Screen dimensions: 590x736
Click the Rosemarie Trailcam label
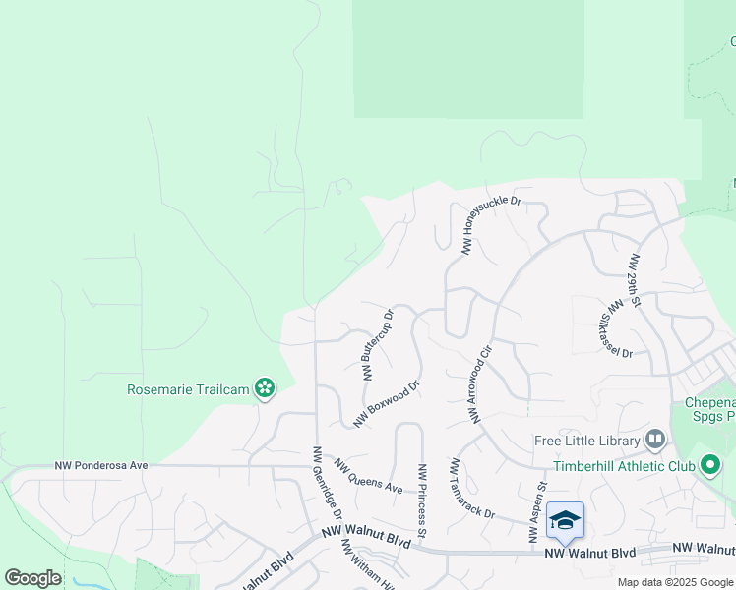click(x=187, y=389)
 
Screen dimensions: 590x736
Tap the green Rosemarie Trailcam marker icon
click(x=264, y=388)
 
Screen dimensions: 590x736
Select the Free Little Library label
click(x=587, y=440)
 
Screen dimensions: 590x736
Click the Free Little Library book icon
click(x=656, y=440)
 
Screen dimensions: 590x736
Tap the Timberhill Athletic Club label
click(x=624, y=466)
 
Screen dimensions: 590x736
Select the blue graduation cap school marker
click(x=566, y=520)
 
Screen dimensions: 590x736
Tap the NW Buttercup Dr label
click(x=378, y=344)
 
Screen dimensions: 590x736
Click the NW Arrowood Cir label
click(x=479, y=384)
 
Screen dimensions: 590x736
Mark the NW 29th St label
click(x=636, y=280)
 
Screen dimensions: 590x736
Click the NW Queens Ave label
click(x=368, y=476)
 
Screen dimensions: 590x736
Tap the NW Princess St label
click(x=421, y=501)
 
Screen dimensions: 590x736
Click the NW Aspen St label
click(x=537, y=511)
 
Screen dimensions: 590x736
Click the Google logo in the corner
click(x=32, y=578)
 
